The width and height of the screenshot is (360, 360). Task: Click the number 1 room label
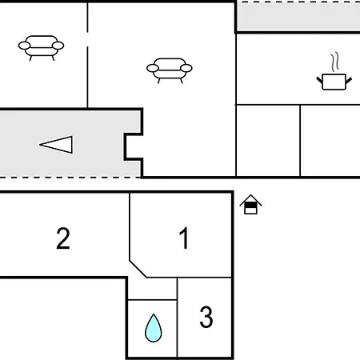pyautogui.click(x=184, y=238)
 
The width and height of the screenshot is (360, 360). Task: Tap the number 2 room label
pyautogui.click(x=63, y=238)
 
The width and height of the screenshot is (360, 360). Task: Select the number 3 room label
pyautogui.click(x=206, y=317)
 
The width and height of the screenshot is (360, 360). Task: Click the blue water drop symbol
pyautogui.click(x=154, y=328)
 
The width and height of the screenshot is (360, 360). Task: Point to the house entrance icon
pyautogui.click(x=250, y=205)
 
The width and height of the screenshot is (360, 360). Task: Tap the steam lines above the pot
pyautogui.click(x=335, y=62)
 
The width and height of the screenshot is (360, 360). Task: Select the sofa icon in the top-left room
pyautogui.click(x=41, y=48)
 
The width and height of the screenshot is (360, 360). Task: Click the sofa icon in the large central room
pyautogui.click(x=170, y=70)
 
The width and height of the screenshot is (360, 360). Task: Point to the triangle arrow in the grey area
pyautogui.click(x=56, y=145)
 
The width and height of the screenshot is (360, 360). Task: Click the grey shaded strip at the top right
pyautogui.click(x=298, y=17)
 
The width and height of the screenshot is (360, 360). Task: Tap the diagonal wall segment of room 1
pyautogui.click(x=138, y=269)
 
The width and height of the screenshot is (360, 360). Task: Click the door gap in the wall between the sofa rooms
pyautogui.click(x=87, y=39)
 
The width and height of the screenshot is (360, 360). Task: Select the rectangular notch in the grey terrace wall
pyautogui.click(x=134, y=146)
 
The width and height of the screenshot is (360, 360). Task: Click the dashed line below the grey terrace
pyautogui.click(x=70, y=177)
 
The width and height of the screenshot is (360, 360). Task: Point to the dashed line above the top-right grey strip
pyautogui.click(x=298, y=2)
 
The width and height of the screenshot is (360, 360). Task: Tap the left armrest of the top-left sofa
pyautogui.click(x=24, y=46)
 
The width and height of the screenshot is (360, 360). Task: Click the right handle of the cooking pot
pyautogui.click(x=349, y=80)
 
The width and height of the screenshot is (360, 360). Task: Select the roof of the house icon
pyautogui.click(x=250, y=200)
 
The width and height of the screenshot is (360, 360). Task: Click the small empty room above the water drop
pyautogui.click(x=152, y=289)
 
